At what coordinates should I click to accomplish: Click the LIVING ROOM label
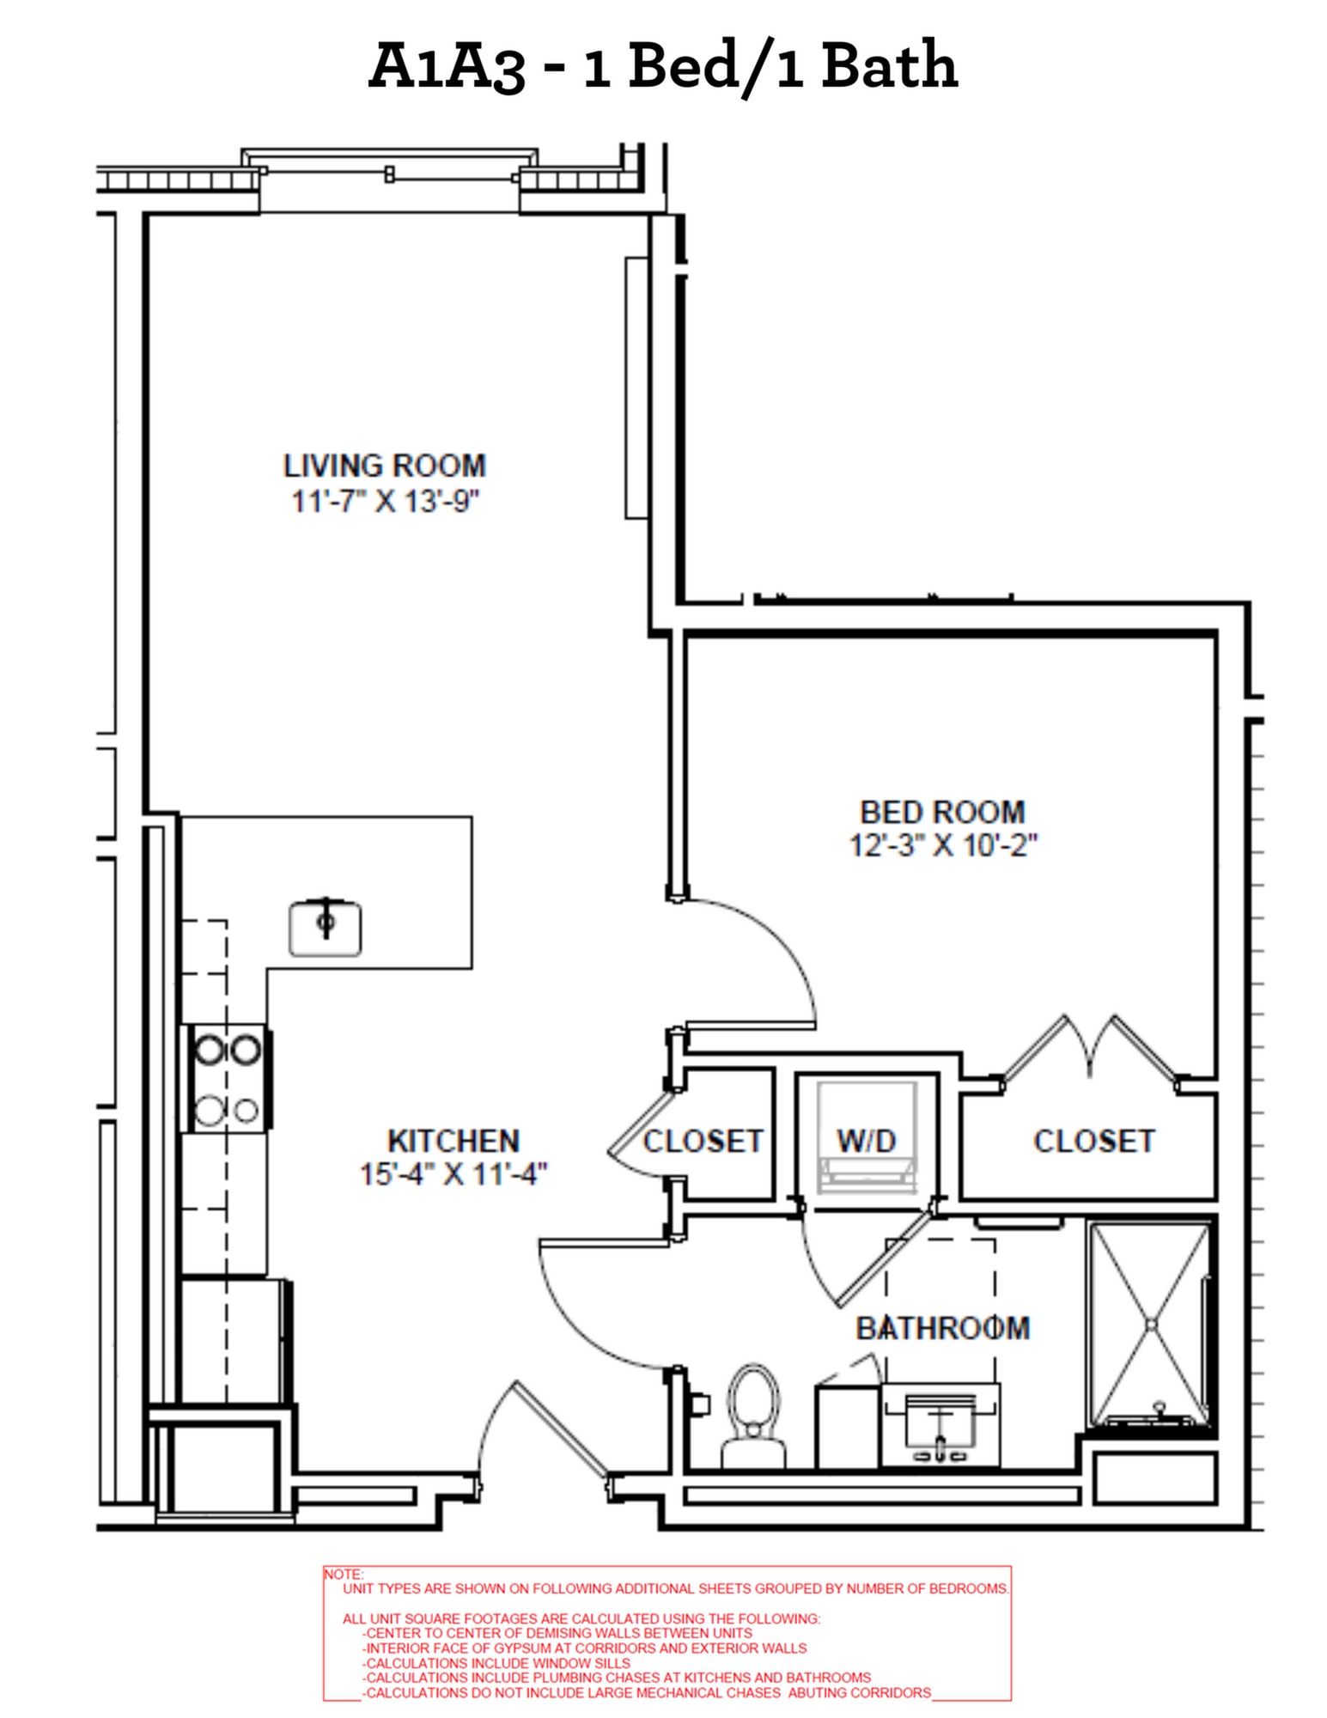point(384,466)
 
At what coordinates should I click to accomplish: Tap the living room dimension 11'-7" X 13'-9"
point(384,500)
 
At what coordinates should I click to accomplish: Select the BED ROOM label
point(942,812)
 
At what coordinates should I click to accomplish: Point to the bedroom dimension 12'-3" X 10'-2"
point(942,845)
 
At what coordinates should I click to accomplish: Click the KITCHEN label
point(453,1141)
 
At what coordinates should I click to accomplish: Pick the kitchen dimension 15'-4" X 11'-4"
point(453,1173)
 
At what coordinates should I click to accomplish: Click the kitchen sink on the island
point(325,928)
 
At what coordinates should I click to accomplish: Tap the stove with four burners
point(227,1079)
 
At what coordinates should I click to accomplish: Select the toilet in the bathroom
point(753,1415)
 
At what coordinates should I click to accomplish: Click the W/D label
point(866,1141)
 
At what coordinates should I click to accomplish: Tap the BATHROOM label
point(942,1329)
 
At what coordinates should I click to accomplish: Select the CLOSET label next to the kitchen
point(703,1141)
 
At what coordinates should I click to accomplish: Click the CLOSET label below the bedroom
point(1093,1141)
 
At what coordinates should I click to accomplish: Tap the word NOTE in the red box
point(344,1574)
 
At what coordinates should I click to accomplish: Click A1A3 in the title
point(446,67)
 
